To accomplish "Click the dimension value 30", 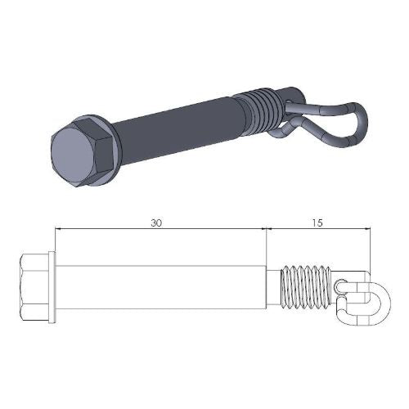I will pyautogui.click(x=158, y=221).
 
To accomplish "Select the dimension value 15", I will pyautogui.click(x=317, y=221).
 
